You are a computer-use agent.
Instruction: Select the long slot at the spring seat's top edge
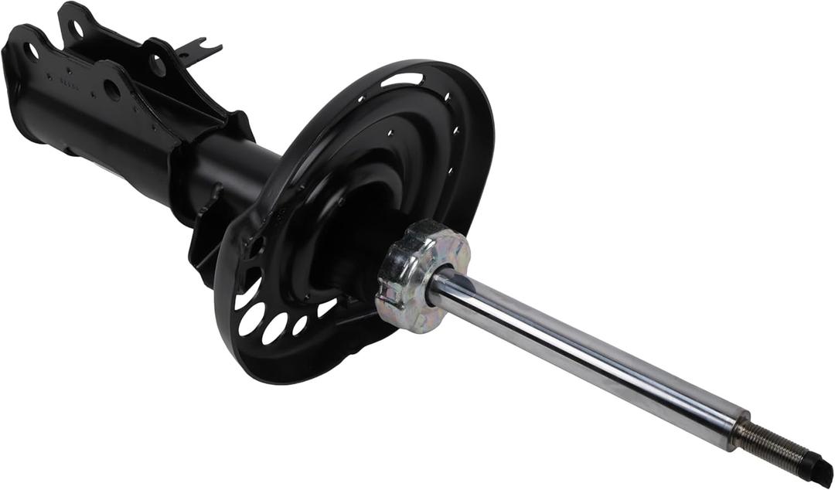tap(402, 79)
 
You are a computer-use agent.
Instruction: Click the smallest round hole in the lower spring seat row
tap(299, 325)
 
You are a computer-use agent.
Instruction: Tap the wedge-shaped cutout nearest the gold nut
tap(326, 308)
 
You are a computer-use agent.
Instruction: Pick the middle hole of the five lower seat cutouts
tap(274, 328)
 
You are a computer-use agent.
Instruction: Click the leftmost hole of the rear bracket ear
tap(77, 29)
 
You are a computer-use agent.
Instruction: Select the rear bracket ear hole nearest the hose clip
tap(158, 66)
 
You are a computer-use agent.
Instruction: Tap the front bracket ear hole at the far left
tap(31, 52)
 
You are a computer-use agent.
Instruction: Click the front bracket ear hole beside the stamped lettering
tap(112, 90)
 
